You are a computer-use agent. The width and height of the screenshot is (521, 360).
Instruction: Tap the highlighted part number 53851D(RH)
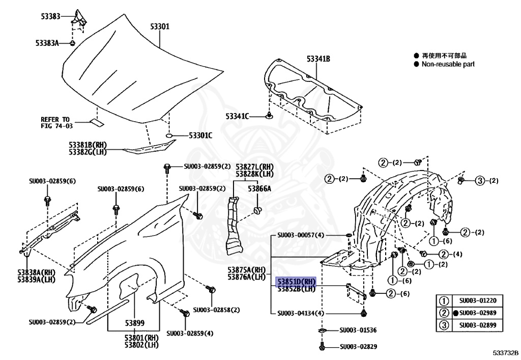point(296,282)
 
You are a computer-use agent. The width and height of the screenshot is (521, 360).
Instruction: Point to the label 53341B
point(319,60)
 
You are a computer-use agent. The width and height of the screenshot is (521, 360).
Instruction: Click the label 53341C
point(238,117)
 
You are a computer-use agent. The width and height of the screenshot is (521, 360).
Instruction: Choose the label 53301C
point(200,135)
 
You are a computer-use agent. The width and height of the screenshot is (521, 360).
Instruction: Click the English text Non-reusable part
point(448,64)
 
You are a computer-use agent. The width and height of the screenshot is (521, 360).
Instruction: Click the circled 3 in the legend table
point(444,325)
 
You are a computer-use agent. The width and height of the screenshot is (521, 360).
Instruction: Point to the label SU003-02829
point(359,347)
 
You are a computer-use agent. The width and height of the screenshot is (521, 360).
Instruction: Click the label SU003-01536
point(359,330)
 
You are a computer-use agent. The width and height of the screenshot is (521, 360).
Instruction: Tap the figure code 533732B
point(505,352)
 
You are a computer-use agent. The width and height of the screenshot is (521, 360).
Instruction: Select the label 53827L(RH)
point(254,167)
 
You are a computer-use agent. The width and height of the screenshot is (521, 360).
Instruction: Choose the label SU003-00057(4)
point(301,235)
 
